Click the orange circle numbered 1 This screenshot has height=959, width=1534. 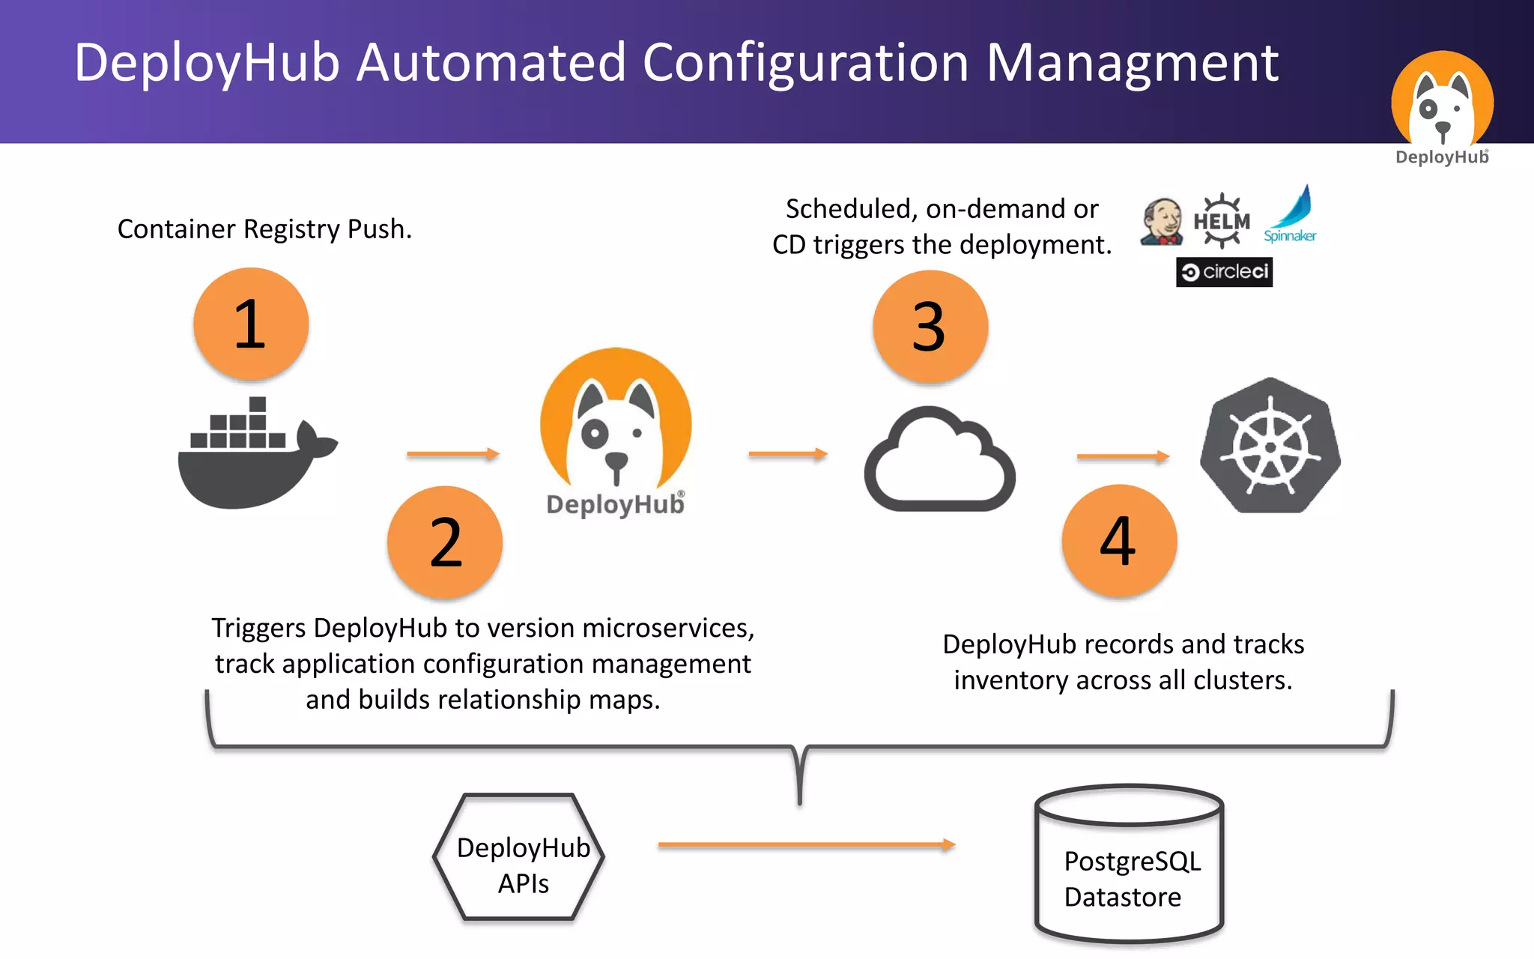(x=251, y=324)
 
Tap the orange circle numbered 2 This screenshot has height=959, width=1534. (x=445, y=542)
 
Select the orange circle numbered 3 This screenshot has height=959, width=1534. (x=930, y=327)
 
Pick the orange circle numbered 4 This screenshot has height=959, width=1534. (x=1119, y=540)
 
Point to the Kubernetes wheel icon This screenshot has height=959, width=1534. (x=1270, y=447)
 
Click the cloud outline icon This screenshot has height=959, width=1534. (x=940, y=460)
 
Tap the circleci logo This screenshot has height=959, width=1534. (x=1224, y=272)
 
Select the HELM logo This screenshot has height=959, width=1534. (x=1222, y=221)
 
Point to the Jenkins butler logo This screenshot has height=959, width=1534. (x=1161, y=222)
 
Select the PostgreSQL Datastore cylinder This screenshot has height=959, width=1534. (x=1129, y=865)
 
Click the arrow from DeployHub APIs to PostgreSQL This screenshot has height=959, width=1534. (x=806, y=845)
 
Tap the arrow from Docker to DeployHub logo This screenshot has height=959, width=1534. (x=452, y=454)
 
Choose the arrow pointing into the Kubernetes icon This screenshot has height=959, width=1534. (x=1122, y=456)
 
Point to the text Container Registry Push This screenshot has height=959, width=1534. (x=264, y=229)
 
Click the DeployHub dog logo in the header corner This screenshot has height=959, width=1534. (x=1442, y=101)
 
